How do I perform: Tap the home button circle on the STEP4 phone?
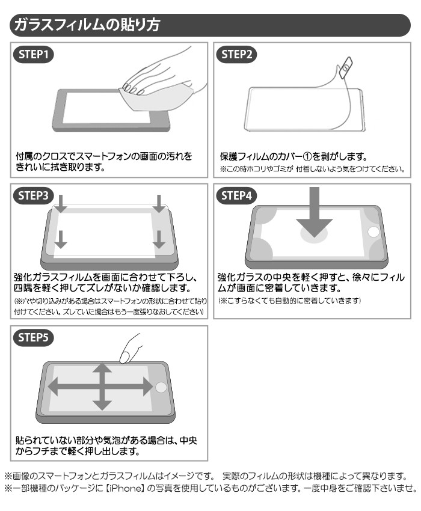[373, 232]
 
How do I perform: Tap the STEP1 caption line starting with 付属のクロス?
[104, 156]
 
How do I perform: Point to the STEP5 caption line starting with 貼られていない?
[105, 440]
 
